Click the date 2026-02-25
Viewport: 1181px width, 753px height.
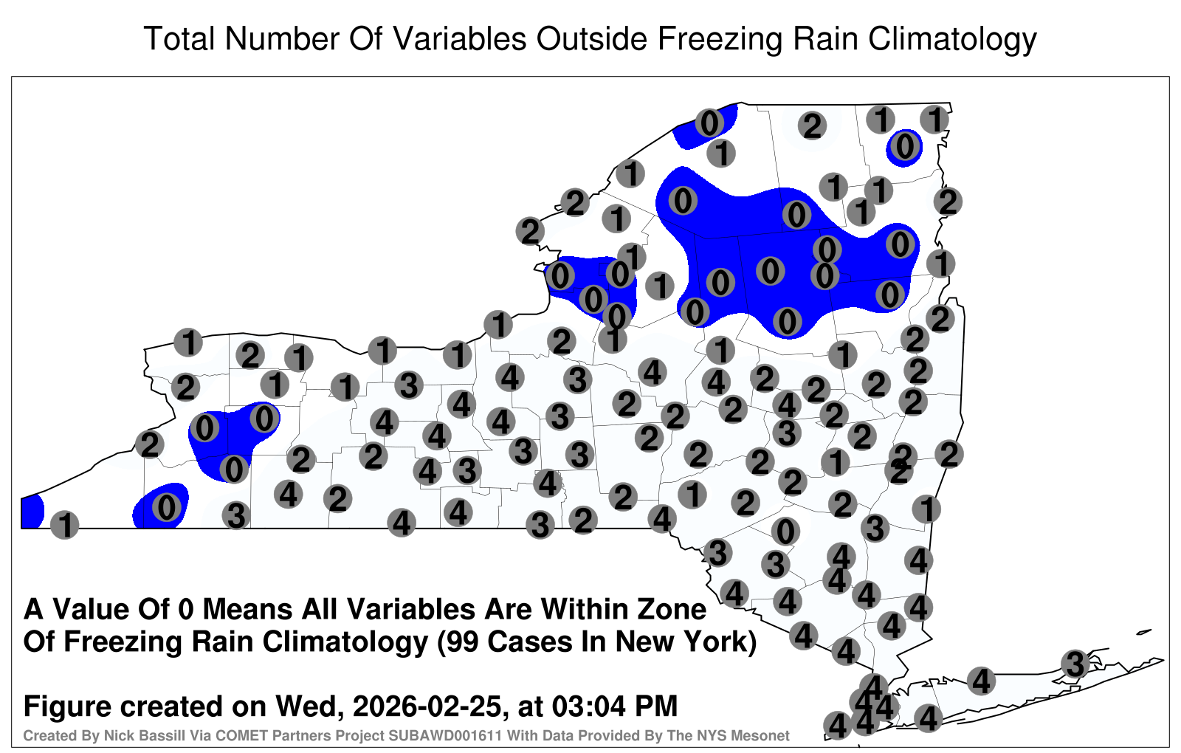pyautogui.click(x=426, y=706)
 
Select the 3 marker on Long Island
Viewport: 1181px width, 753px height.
pyautogui.click(x=1075, y=664)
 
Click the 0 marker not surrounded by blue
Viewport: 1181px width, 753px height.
pyautogui.click(x=785, y=531)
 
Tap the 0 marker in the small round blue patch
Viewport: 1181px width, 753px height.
pyautogui.click(x=905, y=146)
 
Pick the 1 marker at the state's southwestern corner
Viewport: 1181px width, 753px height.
pyautogui.click(x=64, y=525)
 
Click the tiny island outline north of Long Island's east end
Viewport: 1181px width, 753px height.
pyautogui.click(x=1144, y=632)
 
